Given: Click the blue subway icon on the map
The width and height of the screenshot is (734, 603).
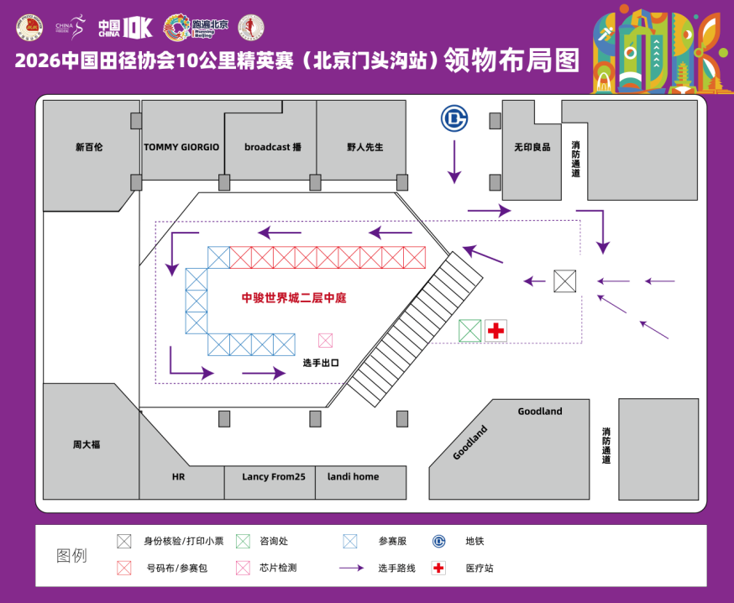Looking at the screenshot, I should point(454,120).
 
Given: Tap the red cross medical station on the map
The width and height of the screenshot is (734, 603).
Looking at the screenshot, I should point(496,331).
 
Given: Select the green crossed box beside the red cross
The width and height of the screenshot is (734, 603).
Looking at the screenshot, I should point(470,331).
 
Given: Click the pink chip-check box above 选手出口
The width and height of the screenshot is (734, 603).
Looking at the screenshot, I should point(325,340).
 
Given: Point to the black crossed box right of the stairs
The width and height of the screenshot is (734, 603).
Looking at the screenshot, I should point(565,281).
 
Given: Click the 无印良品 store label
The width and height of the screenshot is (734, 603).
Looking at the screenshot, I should point(532,147).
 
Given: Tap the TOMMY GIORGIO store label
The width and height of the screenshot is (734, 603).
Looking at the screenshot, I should point(181,147).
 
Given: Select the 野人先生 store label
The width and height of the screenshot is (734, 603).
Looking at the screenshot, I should point(364,147).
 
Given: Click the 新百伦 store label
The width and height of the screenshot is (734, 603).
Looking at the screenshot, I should point(89,147).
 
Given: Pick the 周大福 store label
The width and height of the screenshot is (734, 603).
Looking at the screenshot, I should point(86,444).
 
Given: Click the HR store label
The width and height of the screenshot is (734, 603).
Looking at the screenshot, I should point(178,477).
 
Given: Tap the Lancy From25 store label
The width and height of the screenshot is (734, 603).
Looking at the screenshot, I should point(274,477).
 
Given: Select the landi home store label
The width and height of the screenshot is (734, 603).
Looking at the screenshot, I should point(353,477).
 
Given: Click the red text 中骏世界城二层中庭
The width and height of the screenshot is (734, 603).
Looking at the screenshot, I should point(294,297).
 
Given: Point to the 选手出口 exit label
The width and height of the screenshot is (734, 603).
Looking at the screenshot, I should point(320,363).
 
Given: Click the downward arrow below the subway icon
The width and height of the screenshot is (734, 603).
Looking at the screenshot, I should point(454,162).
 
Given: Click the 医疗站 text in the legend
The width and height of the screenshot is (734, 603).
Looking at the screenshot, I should point(480,569).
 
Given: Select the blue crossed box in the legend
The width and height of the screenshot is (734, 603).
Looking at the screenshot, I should point(350,542).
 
